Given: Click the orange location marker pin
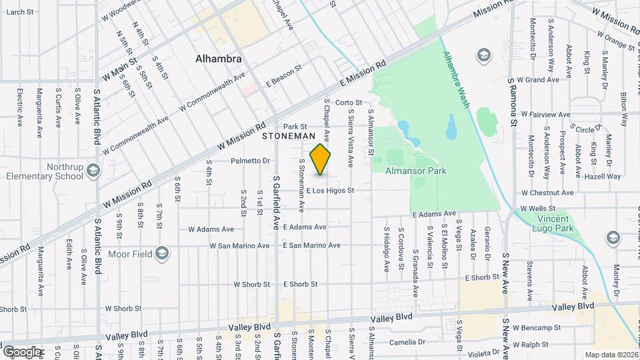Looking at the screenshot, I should [321, 159].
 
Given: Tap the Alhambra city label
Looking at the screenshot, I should [218, 59].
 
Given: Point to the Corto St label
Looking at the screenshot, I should [348, 103].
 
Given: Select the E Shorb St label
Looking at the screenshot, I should [482, 277].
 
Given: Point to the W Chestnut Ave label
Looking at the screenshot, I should [547, 193].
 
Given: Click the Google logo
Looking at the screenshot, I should [23, 351].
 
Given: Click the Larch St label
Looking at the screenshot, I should [20, 12].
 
